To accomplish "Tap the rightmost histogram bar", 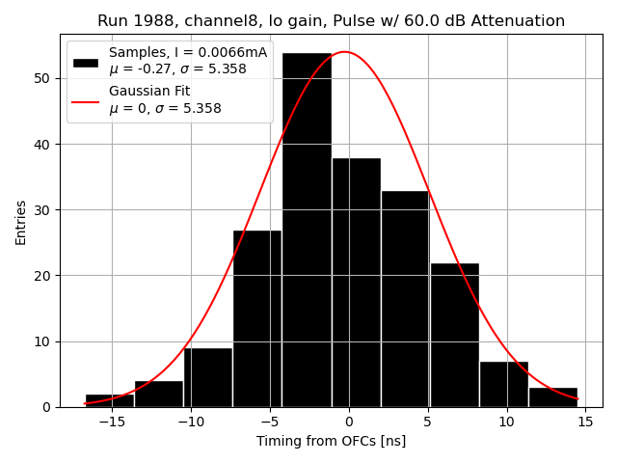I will (552, 397).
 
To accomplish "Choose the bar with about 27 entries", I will (257, 318).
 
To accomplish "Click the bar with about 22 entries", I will (454, 335).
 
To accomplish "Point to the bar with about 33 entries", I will (405, 299).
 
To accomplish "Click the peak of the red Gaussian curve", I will (344, 52).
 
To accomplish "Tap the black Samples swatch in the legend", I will (86, 62).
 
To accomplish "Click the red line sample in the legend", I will (86, 99).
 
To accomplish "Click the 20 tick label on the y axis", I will (43, 276).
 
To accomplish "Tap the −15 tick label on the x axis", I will (112, 422).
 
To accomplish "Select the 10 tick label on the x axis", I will (507, 422).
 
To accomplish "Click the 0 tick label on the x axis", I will (349, 422).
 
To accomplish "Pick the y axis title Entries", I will (21, 222).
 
